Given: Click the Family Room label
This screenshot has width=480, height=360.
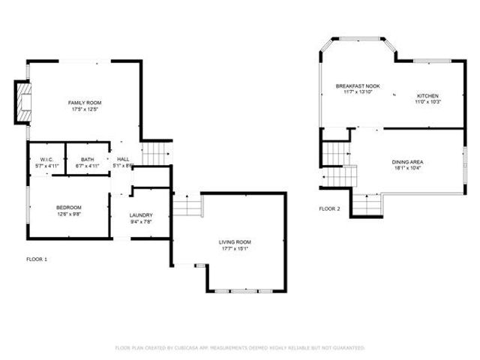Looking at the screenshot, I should point(85,103).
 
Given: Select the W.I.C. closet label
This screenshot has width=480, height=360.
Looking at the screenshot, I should point(45,160).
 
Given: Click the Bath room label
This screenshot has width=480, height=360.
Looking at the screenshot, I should point(88,160).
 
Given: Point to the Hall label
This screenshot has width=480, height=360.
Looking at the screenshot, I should point(123,160).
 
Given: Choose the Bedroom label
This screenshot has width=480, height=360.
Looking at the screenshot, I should point(68,208).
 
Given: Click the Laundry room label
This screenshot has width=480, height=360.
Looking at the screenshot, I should point(141,215).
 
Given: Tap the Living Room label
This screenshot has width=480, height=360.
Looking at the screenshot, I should point(235,242).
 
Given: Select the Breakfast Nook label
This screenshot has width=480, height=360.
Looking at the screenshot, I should point(357,86).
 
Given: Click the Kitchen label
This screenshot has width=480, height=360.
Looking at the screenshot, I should point(427,96).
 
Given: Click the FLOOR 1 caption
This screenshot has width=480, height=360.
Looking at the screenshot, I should point(37,259).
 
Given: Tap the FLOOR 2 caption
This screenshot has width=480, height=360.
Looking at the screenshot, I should point(329,208).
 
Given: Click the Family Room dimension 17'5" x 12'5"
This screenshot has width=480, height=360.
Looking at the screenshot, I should point(85,110).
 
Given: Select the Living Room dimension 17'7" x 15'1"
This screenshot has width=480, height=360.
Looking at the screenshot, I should point(235,249).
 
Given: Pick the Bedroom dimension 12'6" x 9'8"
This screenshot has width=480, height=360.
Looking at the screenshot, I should point(68,214).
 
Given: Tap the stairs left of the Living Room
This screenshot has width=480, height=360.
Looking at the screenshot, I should point(187,205).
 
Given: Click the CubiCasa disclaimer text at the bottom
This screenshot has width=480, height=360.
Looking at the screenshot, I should point(240,348).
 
